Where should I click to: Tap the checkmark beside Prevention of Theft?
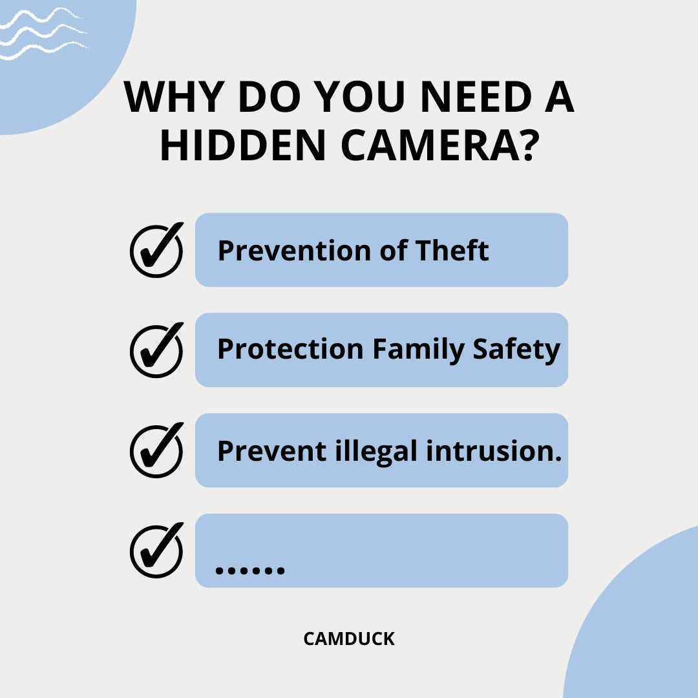[156, 250]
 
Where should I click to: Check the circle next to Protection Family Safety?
[156, 350]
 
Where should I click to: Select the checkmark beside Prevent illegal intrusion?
[156, 450]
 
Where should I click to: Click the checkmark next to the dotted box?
[156, 551]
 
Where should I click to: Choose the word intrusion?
[494, 450]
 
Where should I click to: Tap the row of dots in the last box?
[249, 570]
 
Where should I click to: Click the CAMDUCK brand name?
[349, 639]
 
